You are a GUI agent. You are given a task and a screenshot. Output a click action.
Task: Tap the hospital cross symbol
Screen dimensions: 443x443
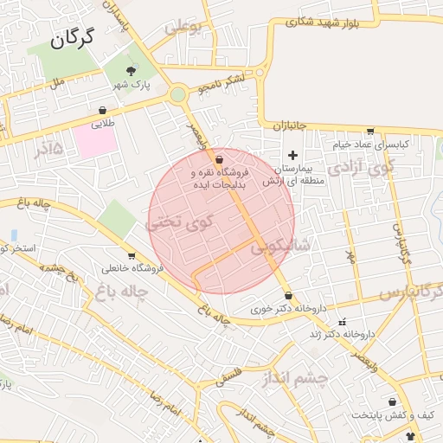(x=292, y=154)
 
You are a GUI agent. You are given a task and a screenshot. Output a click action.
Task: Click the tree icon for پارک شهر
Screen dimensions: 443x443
(x=131, y=70)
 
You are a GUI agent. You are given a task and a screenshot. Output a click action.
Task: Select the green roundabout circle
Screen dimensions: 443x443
(x=177, y=93)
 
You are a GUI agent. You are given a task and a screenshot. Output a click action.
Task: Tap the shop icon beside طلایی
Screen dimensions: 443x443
(x=103, y=110)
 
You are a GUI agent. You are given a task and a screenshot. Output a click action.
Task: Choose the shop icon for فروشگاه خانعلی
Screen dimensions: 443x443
(x=132, y=255)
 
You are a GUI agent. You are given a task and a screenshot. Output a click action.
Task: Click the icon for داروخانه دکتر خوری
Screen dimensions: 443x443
(x=287, y=296)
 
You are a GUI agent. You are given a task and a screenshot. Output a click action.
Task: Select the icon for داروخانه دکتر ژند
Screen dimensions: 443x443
(x=342, y=322)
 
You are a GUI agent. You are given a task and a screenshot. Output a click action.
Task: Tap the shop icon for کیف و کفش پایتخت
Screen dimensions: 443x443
(x=394, y=401)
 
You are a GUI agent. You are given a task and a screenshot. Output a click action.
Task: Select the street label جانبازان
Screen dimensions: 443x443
(x=291, y=126)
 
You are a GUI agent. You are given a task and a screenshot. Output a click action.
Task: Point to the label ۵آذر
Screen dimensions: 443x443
(x=48, y=149)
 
